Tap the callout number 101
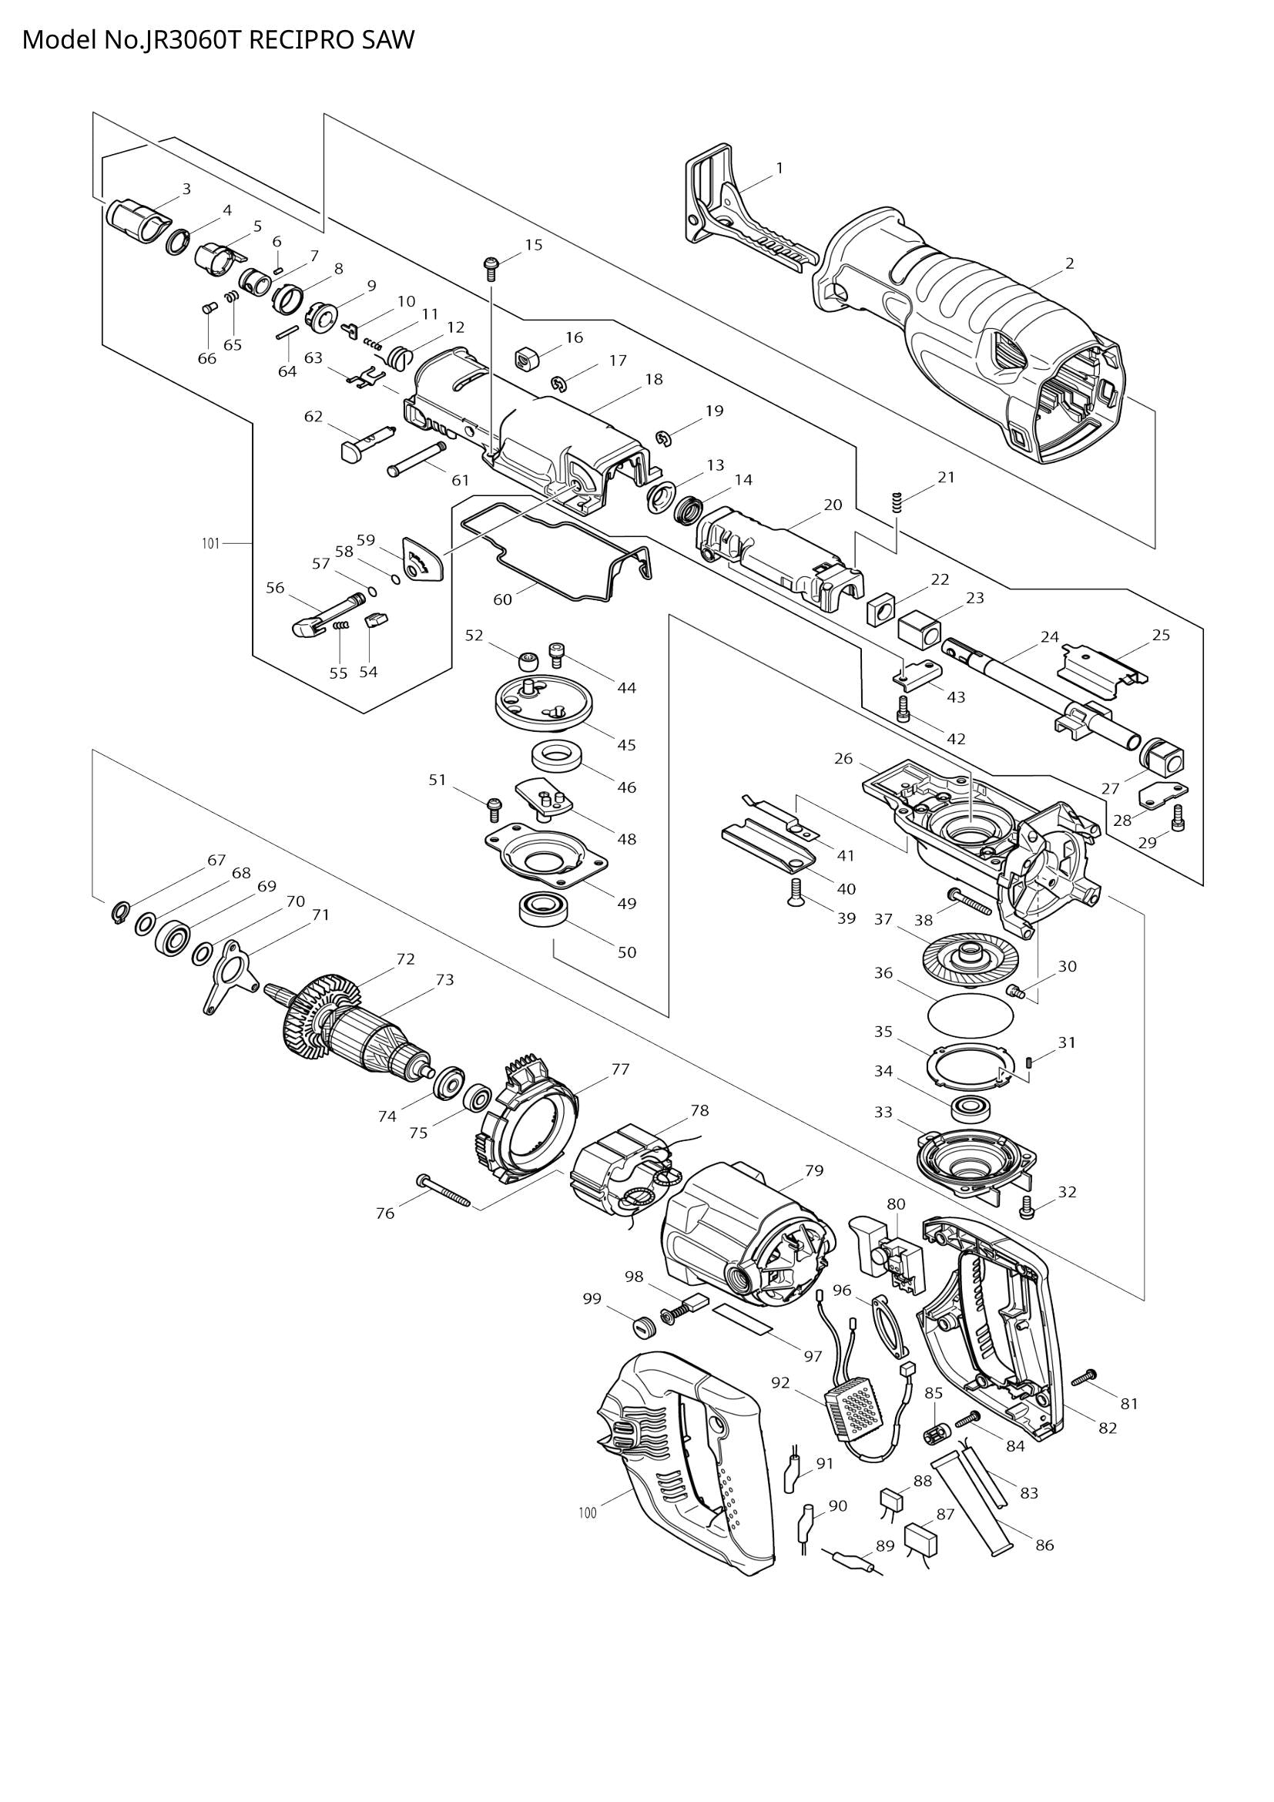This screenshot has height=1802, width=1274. (x=210, y=543)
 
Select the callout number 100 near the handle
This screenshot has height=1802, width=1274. (x=587, y=1512)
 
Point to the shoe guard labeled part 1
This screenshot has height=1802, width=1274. (x=741, y=212)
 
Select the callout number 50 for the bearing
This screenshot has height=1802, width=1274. (x=626, y=952)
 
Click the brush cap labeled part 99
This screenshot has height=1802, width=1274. (x=644, y=1328)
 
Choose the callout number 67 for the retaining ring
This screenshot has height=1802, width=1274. (x=216, y=860)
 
